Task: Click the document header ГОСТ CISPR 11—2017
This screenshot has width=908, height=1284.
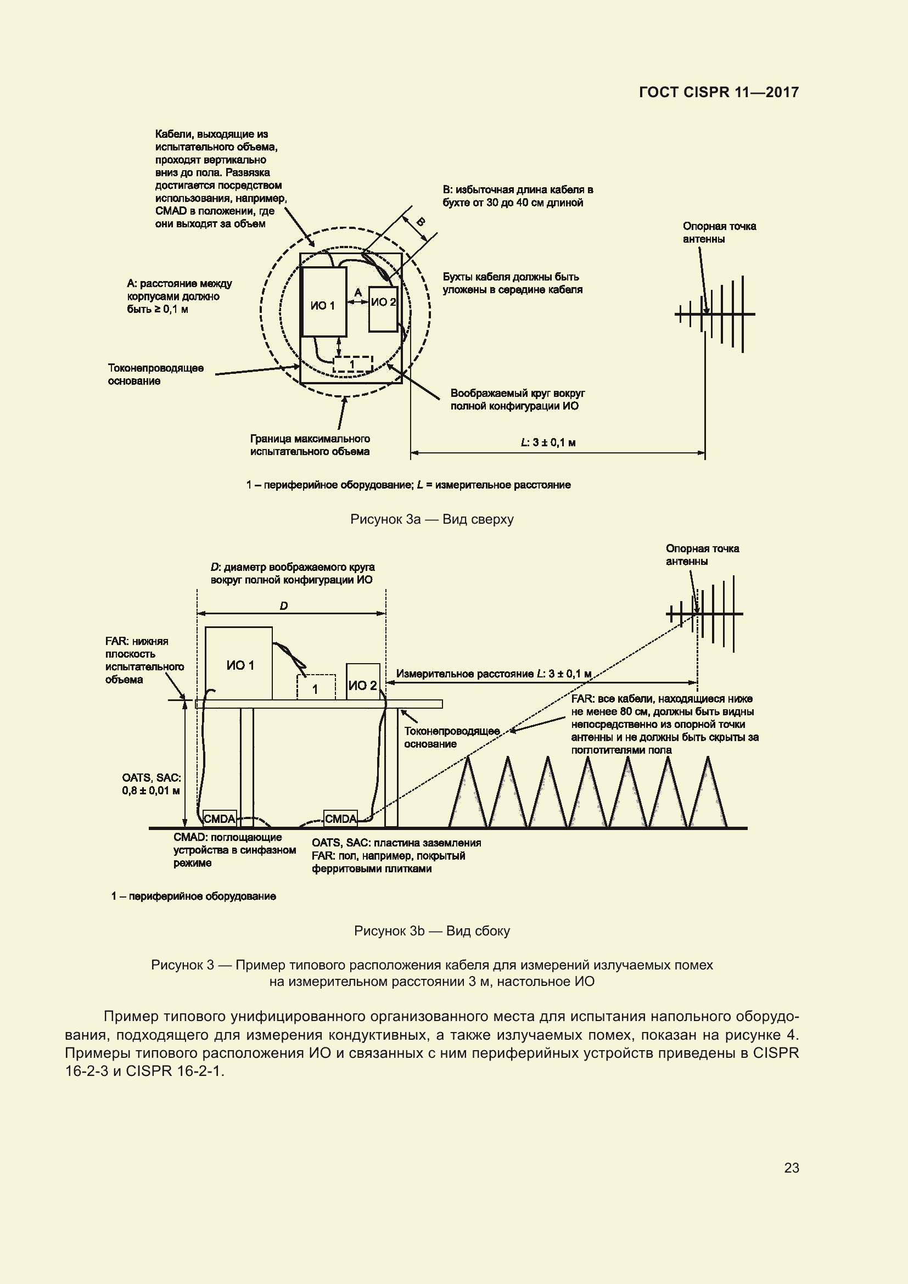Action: [x=719, y=92]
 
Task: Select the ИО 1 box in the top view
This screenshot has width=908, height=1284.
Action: [x=323, y=302]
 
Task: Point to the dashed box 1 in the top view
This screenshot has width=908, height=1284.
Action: [x=352, y=365]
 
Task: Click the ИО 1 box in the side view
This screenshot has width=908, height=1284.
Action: [x=239, y=664]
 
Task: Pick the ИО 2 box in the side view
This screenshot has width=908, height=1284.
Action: [x=363, y=682]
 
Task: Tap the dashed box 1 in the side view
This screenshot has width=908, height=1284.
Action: [x=316, y=687]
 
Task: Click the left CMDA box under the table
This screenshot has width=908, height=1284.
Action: [x=219, y=818]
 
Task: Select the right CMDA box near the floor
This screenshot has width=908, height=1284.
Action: [x=340, y=818]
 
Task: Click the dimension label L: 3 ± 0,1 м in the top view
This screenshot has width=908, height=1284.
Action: [x=548, y=442]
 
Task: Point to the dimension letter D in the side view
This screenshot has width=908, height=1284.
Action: [x=283, y=606]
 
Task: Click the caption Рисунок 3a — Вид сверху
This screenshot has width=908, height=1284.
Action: [x=431, y=519]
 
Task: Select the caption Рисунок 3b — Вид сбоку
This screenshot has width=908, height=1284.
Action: [x=431, y=930]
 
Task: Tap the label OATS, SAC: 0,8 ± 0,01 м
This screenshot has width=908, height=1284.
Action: [x=151, y=784]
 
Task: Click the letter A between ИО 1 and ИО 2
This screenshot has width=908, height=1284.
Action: [x=358, y=293]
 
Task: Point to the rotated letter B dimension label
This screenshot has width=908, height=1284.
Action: [x=420, y=222]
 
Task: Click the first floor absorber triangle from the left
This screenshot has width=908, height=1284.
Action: [x=468, y=794]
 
